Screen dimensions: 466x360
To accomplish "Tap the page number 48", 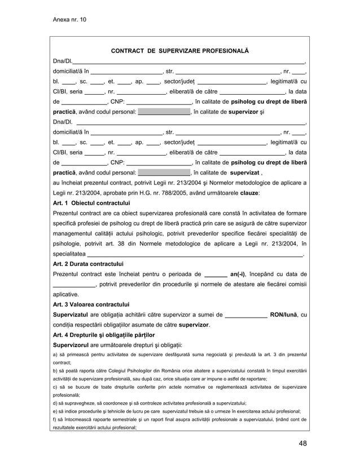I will coord(303,443).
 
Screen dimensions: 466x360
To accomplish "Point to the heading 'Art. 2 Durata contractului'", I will coord(88,263).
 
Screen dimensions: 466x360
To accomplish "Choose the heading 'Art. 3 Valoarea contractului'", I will coord(91,305).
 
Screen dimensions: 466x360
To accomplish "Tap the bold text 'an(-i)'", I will coord(240,274).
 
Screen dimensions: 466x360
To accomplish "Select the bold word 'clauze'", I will coord(249,193).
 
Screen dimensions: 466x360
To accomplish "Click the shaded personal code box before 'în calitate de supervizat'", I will coord(164,173).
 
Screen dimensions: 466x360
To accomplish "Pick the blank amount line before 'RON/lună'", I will coord(246,315).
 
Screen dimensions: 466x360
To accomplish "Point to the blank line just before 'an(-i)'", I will coord(215,275).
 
